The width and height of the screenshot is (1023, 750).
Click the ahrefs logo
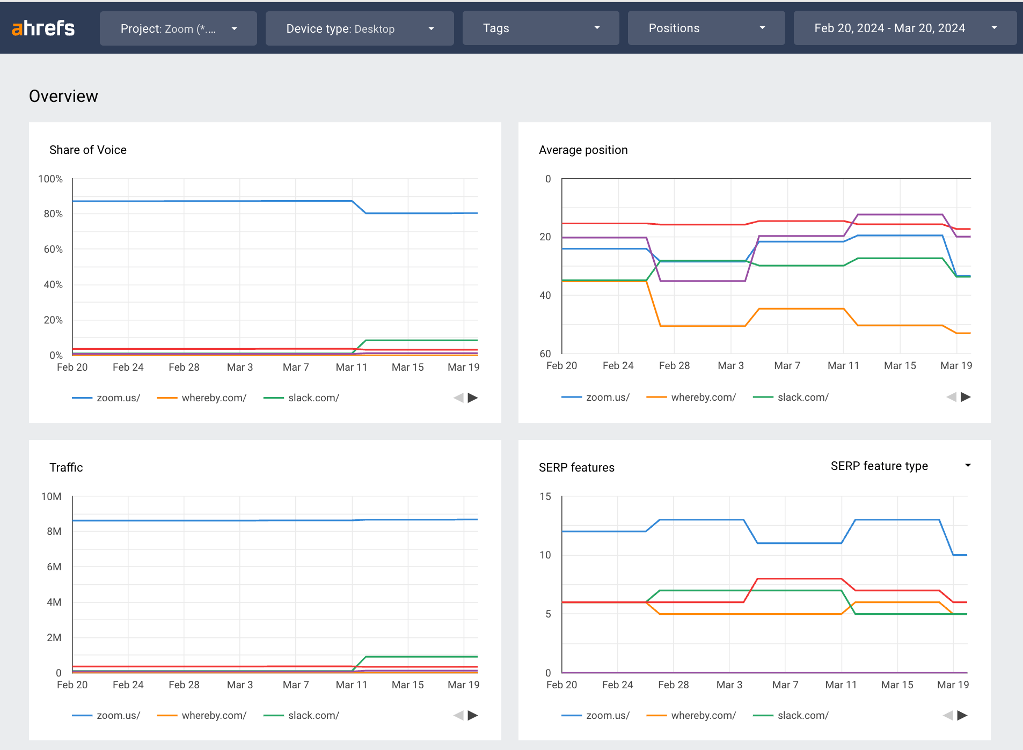coord(43,28)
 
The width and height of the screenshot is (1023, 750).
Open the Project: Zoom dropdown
coord(178,28)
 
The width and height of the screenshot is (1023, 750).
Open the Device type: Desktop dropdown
coord(360,28)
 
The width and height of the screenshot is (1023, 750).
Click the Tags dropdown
coord(540,28)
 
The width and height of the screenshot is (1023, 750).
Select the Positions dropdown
coord(706,28)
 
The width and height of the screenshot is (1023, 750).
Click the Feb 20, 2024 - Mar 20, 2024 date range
coord(904,28)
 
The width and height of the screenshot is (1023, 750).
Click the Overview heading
coord(63,96)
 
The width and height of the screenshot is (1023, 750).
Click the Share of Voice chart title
coord(88,150)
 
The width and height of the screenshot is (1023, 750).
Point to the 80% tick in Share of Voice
coord(53,214)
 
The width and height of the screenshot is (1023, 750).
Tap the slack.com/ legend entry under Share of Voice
coord(313,398)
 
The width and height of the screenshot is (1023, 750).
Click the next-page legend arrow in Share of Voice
coord(473,398)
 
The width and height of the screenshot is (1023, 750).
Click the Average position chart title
coord(583,150)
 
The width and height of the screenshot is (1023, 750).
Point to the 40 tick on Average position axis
coord(545,295)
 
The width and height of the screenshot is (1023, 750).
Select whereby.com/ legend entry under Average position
coord(703,398)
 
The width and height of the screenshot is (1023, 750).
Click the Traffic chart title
coord(66,468)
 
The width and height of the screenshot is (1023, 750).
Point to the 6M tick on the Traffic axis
coord(54,567)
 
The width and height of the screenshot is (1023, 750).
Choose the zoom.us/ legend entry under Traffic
coord(118,716)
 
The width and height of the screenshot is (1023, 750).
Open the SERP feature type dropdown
coord(900,466)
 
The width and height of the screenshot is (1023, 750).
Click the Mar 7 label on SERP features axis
coord(785,685)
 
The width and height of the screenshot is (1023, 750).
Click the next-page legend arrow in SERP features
coord(962,716)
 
